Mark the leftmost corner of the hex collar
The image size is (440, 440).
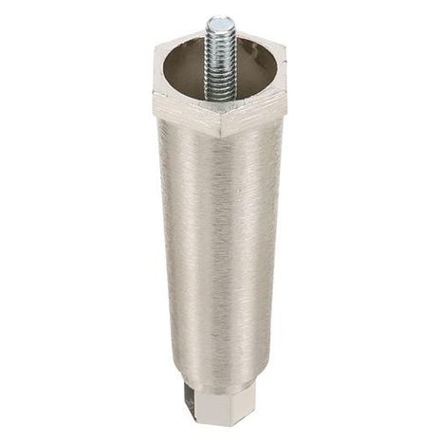pyautogui.click(x=152, y=95)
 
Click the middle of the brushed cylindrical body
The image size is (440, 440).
pyautogui.click(x=220, y=247)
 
